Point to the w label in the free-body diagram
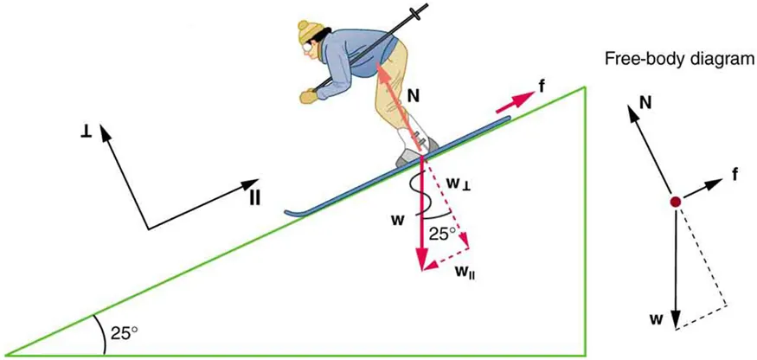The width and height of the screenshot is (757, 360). [x=658, y=319]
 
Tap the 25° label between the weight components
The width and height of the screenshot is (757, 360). [x=442, y=233]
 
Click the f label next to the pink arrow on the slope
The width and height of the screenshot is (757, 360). [x=541, y=87]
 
